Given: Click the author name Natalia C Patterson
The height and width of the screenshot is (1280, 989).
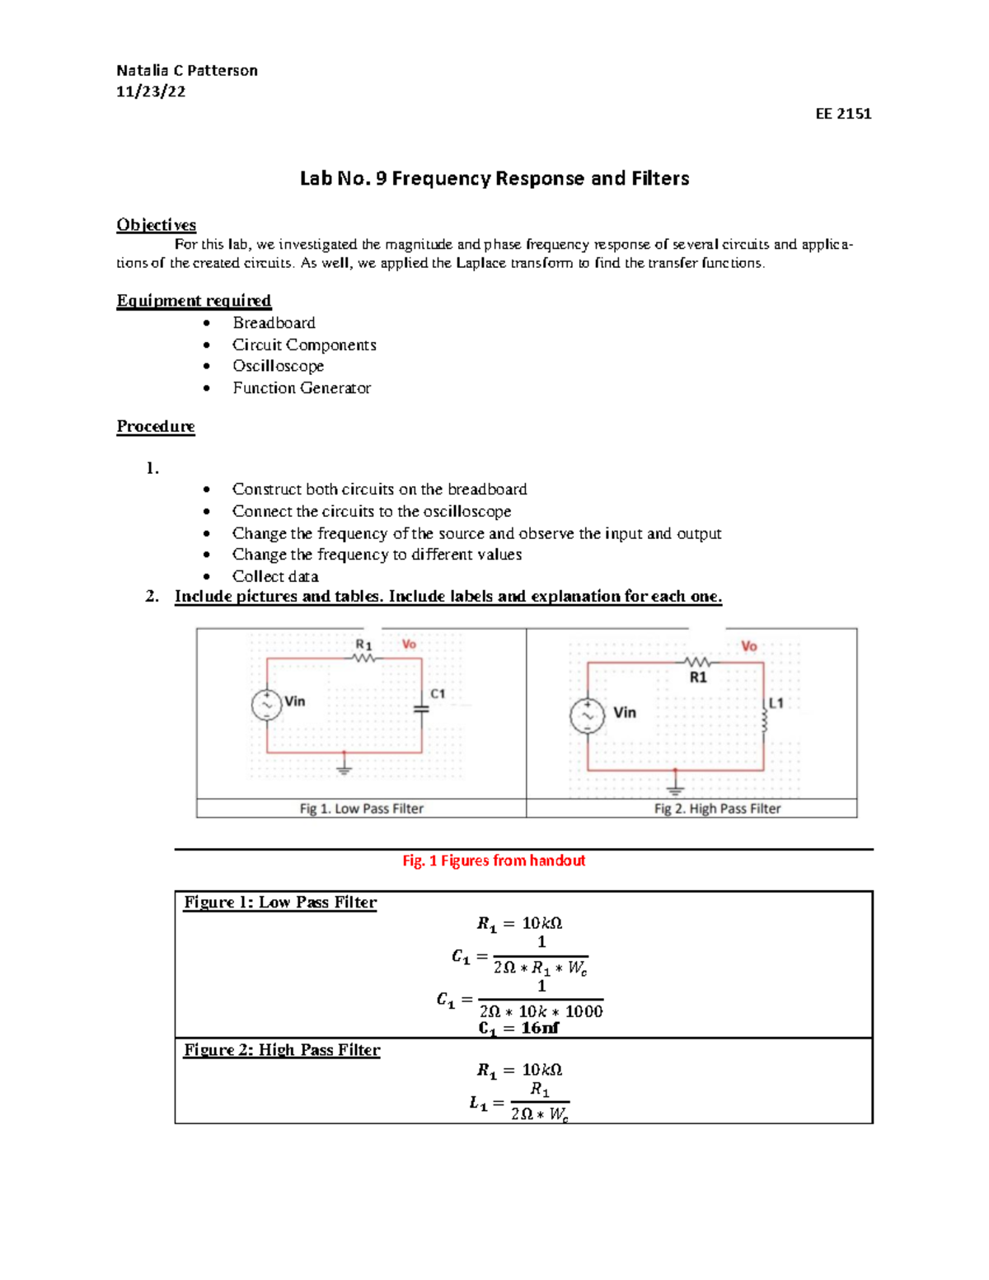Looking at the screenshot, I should click(x=187, y=71).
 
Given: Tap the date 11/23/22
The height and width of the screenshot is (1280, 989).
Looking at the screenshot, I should click(x=151, y=91).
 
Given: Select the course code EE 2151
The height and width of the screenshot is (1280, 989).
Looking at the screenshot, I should click(x=843, y=114).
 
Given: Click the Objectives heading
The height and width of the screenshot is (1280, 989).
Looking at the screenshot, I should click(x=156, y=225).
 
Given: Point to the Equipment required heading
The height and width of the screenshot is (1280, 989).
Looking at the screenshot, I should click(x=194, y=301).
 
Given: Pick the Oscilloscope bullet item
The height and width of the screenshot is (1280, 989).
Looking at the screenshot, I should click(x=278, y=366).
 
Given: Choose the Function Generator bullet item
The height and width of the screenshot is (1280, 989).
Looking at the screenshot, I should click(x=302, y=388).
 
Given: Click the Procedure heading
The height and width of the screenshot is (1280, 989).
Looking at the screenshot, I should click(x=156, y=426).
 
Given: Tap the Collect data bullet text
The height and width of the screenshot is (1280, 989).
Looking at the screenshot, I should click(x=275, y=576).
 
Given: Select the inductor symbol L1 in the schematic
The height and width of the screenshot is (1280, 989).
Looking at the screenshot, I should click(x=764, y=721).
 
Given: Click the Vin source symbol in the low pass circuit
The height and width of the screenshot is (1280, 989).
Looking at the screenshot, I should click(x=267, y=705).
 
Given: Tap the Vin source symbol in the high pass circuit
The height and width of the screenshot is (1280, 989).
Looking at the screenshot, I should click(x=588, y=715).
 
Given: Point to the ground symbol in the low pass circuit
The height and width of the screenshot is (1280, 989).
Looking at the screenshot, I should click(x=345, y=767).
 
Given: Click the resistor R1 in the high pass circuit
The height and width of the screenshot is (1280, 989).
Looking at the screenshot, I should click(x=697, y=662).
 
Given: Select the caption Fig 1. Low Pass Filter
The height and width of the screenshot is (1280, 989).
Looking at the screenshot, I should click(x=361, y=809).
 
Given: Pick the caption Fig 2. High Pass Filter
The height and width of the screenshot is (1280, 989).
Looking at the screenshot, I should click(x=717, y=809).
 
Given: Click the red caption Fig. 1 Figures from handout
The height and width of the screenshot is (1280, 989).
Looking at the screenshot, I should click(x=494, y=860).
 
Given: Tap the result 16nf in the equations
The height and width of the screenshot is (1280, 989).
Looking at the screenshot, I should click(x=540, y=1028).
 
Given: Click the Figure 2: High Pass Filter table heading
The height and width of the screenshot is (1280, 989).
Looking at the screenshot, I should click(x=282, y=1050).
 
